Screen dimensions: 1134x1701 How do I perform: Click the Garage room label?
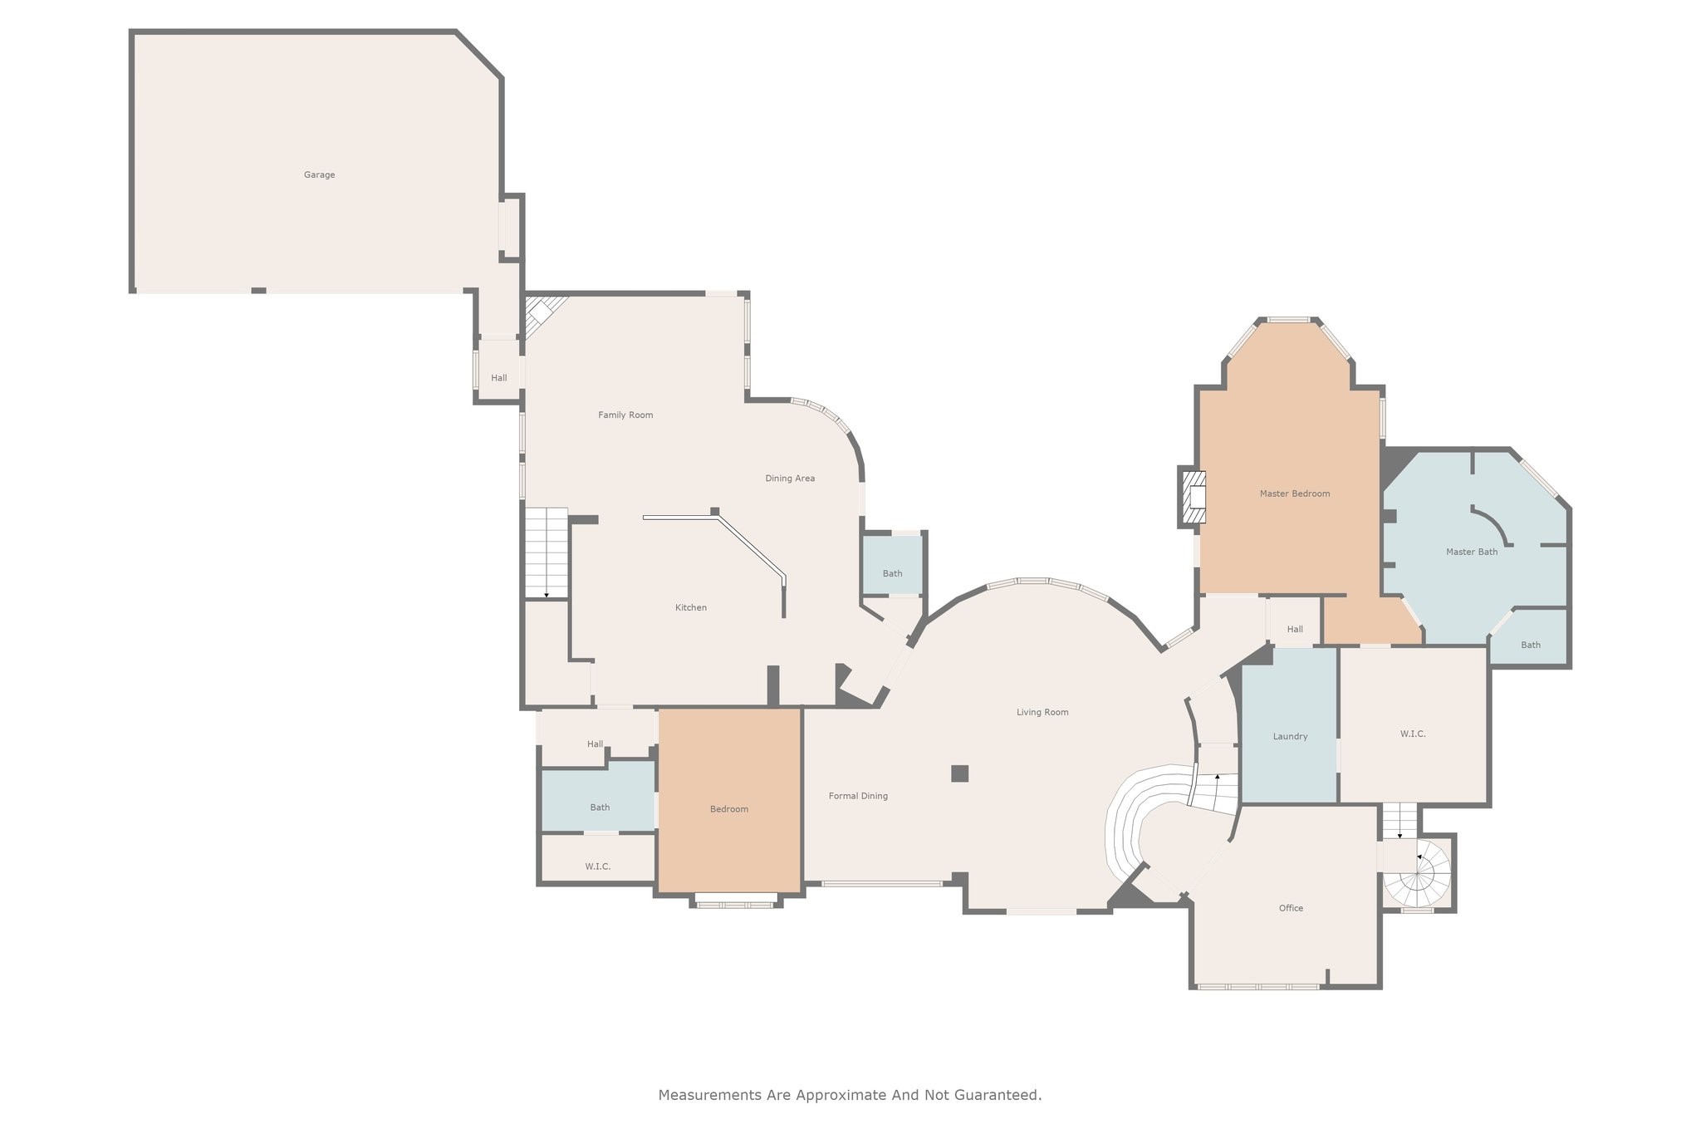click(x=319, y=174)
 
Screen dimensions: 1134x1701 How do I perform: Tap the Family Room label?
click(x=625, y=415)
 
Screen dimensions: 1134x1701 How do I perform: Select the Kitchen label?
click(x=690, y=607)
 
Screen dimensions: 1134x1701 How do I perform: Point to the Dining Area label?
click(x=789, y=478)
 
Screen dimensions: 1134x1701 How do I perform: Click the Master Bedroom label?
click(x=1294, y=493)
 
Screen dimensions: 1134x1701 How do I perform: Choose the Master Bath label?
click(x=1471, y=552)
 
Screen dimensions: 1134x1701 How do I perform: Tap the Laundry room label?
click(x=1290, y=736)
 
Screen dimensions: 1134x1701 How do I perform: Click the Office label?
click(x=1291, y=908)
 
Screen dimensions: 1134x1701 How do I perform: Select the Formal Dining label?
click(x=858, y=796)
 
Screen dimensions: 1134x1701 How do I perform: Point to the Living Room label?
click(x=1042, y=712)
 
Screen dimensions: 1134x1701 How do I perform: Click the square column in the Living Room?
click(x=959, y=773)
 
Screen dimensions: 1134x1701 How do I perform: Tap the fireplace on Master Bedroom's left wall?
click(x=1194, y=497)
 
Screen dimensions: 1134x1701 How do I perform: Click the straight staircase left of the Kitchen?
click(x=546, y=552)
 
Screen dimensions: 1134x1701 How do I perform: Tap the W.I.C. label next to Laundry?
click(x=1412, y=734)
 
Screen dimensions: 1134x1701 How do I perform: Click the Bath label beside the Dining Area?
click(x=892, y=573)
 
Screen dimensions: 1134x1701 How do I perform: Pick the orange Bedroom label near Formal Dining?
click(x=728, y=809)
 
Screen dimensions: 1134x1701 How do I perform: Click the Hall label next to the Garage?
click(x=498, y=378)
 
